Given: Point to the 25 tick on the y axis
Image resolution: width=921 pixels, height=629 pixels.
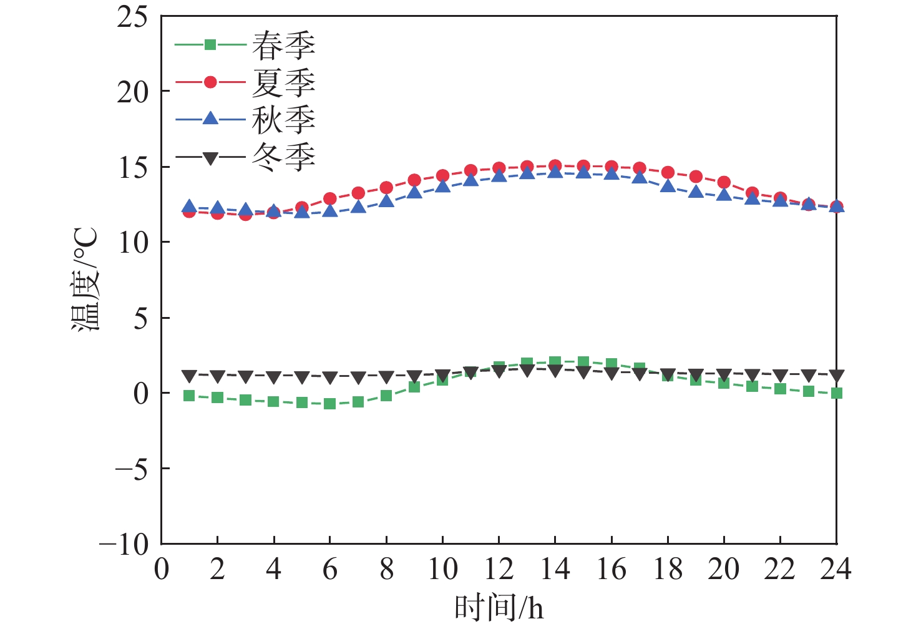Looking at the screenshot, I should click(x=132, y=17).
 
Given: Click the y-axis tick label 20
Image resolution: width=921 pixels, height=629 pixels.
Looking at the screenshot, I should click(x=132, y=92).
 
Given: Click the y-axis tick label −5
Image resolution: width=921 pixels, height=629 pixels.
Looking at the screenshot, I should click(x=132, y=469).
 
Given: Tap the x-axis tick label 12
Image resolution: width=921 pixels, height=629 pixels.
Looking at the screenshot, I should click(x=499, y=569).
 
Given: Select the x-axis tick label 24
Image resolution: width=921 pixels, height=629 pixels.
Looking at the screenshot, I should click(x=836, y=569).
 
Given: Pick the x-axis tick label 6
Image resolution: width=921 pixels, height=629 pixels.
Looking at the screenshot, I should click(x=329, y=569).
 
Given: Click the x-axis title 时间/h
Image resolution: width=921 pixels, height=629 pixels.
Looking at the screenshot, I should click(x=499, y=607).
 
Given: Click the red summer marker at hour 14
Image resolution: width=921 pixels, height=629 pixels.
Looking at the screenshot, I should click(x=555, y=166).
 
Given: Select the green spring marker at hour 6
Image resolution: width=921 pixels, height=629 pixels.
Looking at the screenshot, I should click(x=329, y=404).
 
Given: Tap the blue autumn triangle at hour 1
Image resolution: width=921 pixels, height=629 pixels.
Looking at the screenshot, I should click(x=189, y=207).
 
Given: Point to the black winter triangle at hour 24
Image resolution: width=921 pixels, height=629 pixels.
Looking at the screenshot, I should click(x=836, y=375).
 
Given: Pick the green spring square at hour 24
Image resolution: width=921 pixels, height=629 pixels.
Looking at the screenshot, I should click(x=836, y=393).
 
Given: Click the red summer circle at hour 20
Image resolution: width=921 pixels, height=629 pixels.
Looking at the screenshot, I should click(x=724, y=182).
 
